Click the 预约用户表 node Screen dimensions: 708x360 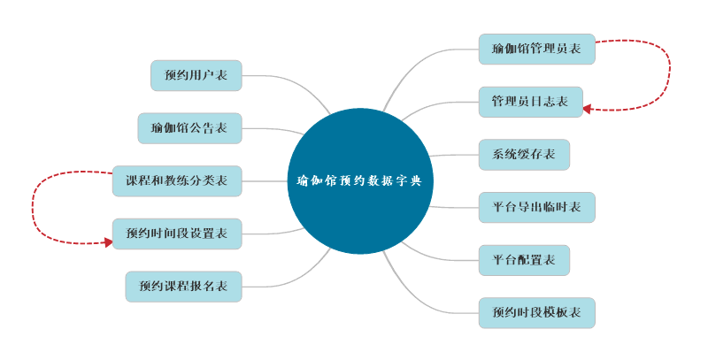point(196,75)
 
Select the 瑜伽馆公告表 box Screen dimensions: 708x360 point(189,128)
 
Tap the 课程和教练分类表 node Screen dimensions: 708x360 point(177,180)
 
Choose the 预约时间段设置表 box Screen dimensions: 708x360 point(177,234)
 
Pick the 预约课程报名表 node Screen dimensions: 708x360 point(183,287)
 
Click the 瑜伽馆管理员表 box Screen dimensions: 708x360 point(536,49)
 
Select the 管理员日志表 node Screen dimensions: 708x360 point(530,102)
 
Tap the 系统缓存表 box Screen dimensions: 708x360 point(524,155)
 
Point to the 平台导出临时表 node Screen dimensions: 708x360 point(536,207)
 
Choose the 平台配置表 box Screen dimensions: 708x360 point(524,260)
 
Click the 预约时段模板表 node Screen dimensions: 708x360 point(536,313)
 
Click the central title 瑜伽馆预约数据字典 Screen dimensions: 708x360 point(360,180)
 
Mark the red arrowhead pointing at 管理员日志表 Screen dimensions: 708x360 point(587,109)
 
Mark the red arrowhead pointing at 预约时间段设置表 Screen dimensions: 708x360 point(108,241)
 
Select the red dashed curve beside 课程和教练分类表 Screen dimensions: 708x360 point(34,208)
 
